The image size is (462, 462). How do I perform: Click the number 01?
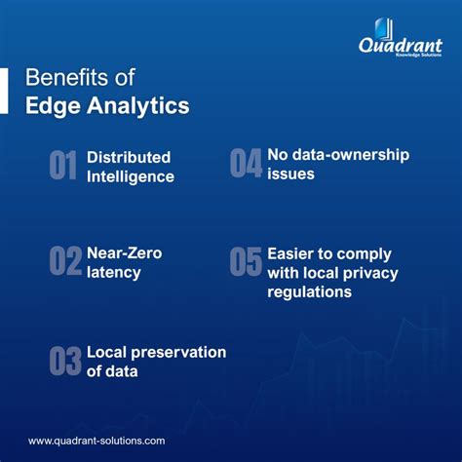pos(63,166)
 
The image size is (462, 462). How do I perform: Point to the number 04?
pos(246,164)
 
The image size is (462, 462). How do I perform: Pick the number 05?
pos(246,262)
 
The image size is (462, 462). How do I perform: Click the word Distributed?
pos(129,157)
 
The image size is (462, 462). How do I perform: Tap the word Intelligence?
pos(131,176)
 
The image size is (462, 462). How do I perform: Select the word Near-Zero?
pos(124,253)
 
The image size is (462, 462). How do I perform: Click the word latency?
pos(114,273)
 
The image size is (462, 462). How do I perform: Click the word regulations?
pos(310,292)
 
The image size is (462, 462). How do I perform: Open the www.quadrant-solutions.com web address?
pos(96,441)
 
